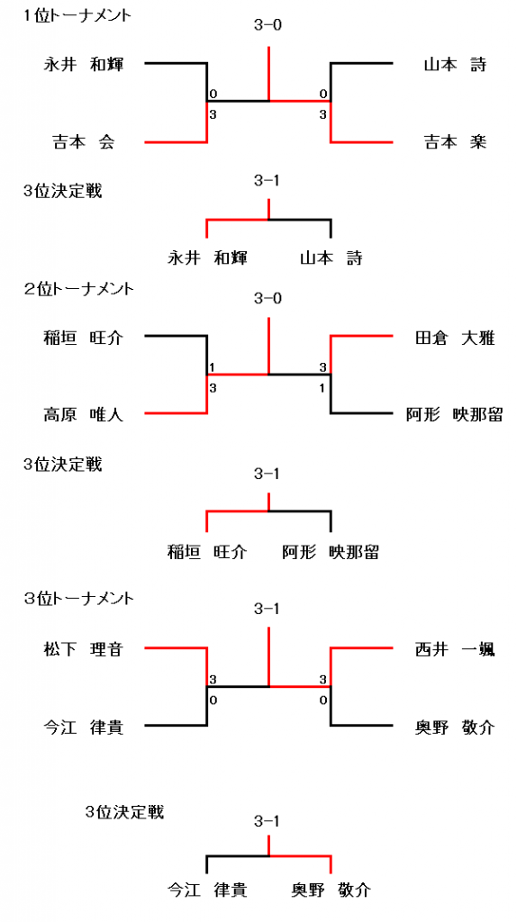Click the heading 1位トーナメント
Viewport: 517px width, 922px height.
77,16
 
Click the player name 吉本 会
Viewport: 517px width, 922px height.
83,141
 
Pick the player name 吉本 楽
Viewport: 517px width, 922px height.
456,141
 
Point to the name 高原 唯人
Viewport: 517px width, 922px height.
83,414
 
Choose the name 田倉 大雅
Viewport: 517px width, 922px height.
455,339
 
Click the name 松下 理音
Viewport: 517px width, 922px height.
83,650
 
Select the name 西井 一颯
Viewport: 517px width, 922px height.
455,650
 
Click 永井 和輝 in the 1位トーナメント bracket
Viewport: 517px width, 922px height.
83,64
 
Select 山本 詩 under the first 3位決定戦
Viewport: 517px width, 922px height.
331,258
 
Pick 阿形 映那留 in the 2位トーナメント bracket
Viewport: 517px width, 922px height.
454,414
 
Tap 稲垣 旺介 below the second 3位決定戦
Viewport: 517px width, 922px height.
207,552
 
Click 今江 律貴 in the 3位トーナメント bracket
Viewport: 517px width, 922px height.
83,728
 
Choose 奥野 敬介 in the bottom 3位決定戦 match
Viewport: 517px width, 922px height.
331,890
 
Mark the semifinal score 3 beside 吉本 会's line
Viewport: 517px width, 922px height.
213,115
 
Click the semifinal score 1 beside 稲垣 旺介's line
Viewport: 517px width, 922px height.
213,367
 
